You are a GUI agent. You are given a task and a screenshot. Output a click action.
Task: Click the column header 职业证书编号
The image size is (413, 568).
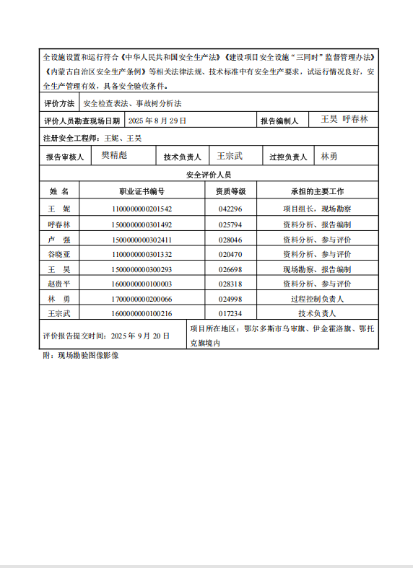(x=142, y=192)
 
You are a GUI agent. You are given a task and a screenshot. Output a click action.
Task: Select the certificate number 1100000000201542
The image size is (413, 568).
(x=142, y=209)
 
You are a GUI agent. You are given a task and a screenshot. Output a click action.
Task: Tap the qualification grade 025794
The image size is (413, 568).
(x=230, y=224)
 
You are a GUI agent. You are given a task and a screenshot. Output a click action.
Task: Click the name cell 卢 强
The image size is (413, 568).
(x=58, y=240)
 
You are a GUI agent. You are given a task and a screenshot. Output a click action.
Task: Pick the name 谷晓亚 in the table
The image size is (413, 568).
(x=58, y=254)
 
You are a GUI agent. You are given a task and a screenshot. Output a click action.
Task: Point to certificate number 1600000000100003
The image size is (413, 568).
(x=142, y=284)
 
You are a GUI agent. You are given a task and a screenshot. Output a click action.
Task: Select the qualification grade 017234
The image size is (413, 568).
(x=230, y=314)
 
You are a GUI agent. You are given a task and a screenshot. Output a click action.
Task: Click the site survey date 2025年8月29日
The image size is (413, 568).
(x=157, y=121)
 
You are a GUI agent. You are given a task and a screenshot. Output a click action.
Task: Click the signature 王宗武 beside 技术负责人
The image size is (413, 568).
(x=230, y=155)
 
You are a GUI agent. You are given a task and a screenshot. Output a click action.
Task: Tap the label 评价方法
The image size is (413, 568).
(x=58, y=104)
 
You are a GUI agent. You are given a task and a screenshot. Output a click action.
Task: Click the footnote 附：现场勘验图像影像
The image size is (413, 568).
(x=80, y=355)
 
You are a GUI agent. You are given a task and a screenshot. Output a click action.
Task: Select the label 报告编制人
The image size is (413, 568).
(x=279, y=121)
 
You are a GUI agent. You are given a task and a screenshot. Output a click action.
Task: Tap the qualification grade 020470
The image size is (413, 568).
(x=230, y=254)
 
